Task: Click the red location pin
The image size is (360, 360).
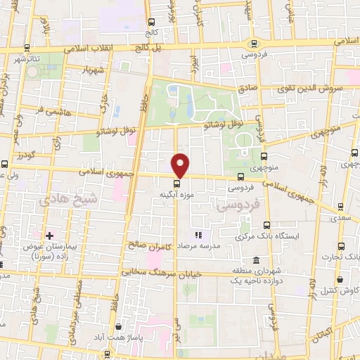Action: (181, 165)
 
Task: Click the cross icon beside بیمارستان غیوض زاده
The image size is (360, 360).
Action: (48, 234)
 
